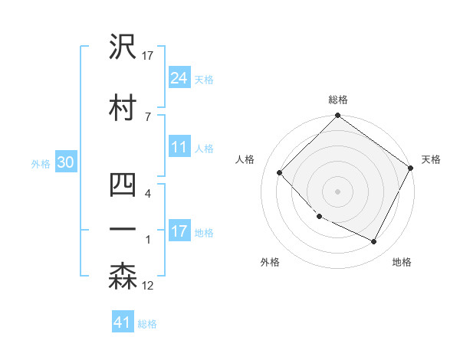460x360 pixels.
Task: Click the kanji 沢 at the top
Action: [123, 48]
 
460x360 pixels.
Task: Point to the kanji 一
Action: [123, 230]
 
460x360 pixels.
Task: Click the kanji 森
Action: [123, 277]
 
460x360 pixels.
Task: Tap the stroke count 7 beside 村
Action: [147, 116]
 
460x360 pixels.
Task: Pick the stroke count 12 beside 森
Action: [149, 286]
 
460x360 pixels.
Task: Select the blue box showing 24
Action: [179, 78]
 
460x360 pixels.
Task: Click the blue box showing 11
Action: [179, 148]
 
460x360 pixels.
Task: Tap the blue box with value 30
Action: [64, 163]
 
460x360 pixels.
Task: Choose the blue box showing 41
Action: [123, 322]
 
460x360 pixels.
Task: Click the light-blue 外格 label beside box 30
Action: [41, 164]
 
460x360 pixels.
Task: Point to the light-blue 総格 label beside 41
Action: [147, 324]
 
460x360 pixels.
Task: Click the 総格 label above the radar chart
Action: [338, 100]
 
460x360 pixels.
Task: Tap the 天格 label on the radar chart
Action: [431, 159]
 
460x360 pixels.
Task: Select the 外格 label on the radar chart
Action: [270, 262]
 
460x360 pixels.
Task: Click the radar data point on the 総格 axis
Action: [337, 116]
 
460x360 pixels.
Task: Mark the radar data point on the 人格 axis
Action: [280, 172]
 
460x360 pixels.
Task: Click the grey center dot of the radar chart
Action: [337, 191]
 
